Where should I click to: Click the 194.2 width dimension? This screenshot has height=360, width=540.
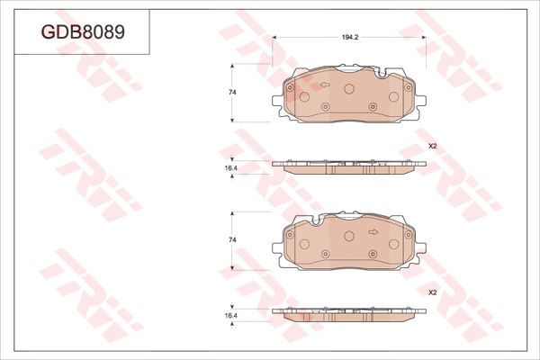click(350, 39)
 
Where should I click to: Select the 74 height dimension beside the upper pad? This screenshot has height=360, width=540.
click(232, 94)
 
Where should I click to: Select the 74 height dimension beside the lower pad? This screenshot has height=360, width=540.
click(232, 240)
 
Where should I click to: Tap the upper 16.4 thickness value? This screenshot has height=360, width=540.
click(230, 167)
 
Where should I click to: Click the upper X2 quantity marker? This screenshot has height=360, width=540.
click(431, 146)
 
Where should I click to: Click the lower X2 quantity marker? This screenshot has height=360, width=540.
click(431, 292)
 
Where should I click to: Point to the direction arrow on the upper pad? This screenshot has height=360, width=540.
click(325, 87)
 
